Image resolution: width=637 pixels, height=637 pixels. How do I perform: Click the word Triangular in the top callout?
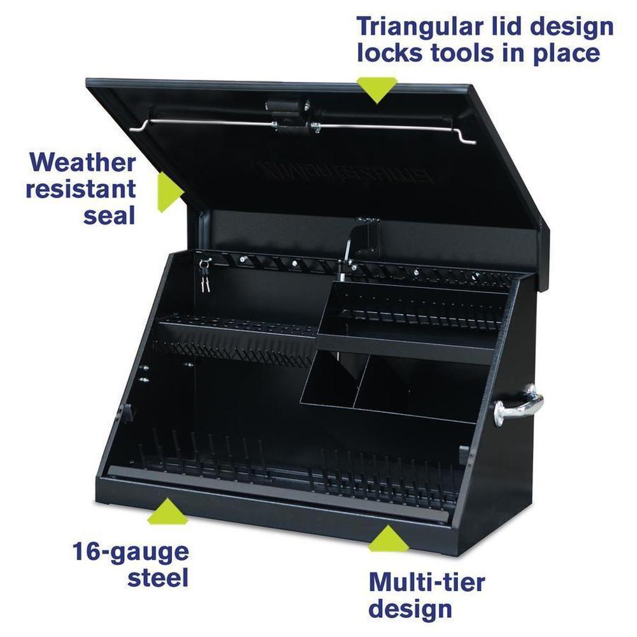pyautogui.click(x=419, y=27)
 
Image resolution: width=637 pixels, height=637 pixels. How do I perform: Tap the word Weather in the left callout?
pyautogui.click(x=82, y=163)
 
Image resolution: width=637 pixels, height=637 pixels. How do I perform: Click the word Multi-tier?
pyautogui.click(x=427, y=582)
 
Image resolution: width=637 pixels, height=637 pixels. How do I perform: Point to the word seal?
pyautogui.click(x=109, y=216)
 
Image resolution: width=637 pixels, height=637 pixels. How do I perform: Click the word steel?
pyautogui.click(x=158, y=578)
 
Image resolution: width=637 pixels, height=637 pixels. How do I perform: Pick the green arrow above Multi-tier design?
pyautogui.click(x=388, y=538)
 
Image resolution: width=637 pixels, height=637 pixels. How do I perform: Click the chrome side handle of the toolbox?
pyautogui.click(x=519, y=406)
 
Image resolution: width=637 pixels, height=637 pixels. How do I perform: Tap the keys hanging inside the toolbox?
pyautogui.click(x=204, y=274)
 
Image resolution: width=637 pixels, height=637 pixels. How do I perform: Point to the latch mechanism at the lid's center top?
pyautogui.click(x=293, y=116)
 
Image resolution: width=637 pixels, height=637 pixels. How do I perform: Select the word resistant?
pyautogui.click(x=81, y=189)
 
